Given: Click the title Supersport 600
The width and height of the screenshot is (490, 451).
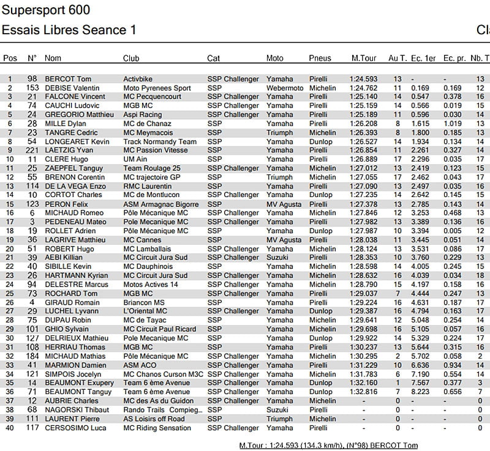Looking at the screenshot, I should pos(46,10).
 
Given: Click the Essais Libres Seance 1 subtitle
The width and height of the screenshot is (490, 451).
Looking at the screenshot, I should pos(69,30).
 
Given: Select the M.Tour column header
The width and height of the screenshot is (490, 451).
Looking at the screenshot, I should pos(363,58).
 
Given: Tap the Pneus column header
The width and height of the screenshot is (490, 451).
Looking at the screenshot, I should pos(320,58).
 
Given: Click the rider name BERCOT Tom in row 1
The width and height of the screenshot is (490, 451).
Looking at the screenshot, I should pos(68,79).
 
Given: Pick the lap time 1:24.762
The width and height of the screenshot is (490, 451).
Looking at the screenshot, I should pos(363,88).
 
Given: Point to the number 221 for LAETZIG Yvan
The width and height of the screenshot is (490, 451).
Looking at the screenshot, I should pos(32,151).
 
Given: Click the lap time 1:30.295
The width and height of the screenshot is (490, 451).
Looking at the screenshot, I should pos(363,356).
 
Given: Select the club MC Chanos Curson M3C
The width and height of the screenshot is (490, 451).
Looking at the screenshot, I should pos(162,374).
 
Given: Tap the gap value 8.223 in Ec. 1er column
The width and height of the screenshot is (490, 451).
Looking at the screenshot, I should pos(420,392).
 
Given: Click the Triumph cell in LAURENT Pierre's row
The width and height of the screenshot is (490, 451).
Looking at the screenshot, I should pos(280,419).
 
